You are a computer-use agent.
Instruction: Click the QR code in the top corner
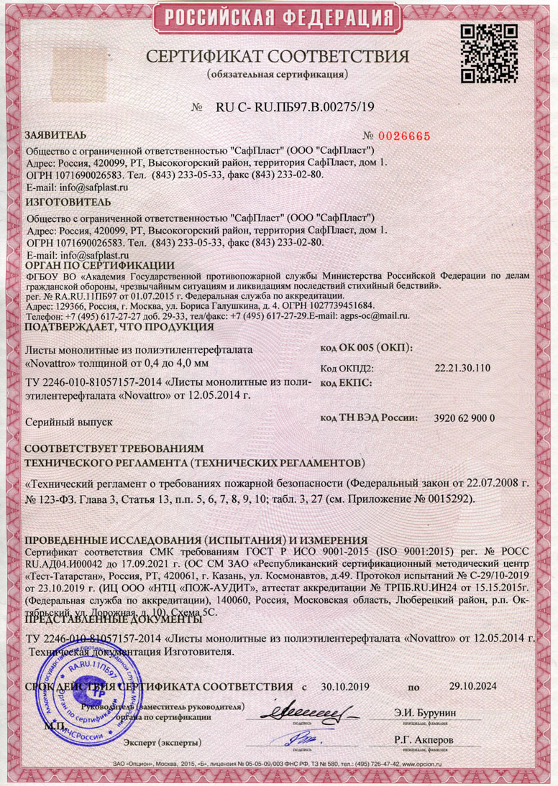[486, 54]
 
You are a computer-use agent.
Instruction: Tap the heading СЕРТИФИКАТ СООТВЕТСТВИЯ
[278, 57]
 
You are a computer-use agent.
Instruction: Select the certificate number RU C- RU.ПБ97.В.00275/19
[295, 108]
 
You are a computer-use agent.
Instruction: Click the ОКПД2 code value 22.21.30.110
[462, 369]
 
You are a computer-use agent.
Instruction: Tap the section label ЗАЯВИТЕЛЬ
[56, 134]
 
